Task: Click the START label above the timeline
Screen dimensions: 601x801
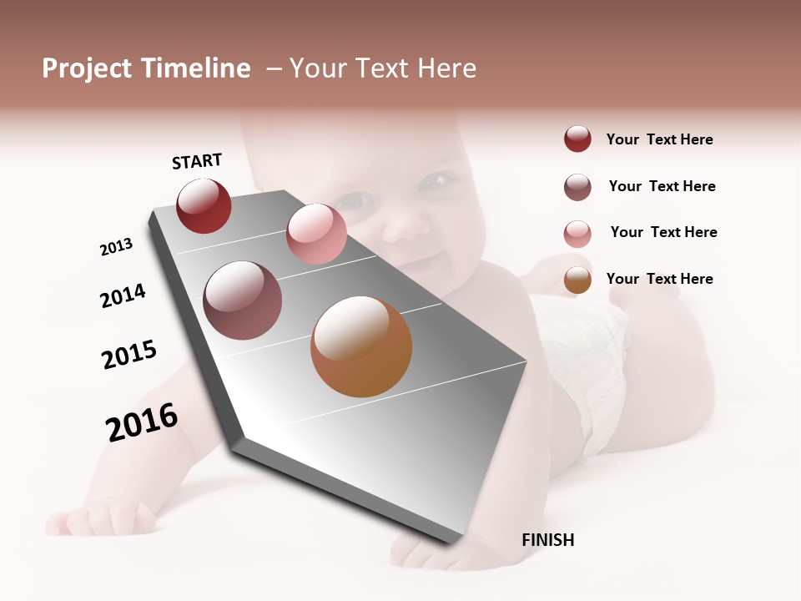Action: tap(197, 161)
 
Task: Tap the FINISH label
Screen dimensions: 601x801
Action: tap(547, 540)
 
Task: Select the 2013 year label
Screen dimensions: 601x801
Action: tap(116, 247)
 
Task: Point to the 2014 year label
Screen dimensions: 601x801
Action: tap(123, 295)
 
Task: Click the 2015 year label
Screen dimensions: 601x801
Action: tap(129, 355)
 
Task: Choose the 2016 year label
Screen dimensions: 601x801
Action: tap(142, 422)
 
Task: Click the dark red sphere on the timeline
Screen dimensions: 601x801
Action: tap(204, 206)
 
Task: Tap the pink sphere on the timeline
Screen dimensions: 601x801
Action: tap(316, 233)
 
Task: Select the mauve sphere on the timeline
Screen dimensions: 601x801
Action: tap(242, 300)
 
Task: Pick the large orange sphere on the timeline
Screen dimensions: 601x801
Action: tap(361, 346)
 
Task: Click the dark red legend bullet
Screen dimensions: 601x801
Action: tap(577, 139)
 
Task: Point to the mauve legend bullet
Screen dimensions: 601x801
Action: tap(577, 187)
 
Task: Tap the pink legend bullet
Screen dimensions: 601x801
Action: tap(577, 234)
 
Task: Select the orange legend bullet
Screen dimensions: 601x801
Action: tap(577, 280)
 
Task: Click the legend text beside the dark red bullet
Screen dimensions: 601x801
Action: tap(659, 139)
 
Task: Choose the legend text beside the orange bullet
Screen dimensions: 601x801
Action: tap(659, 279)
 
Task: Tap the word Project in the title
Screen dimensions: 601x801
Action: tap(87, 68)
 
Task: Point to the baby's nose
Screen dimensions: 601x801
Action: tap(400, 225)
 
